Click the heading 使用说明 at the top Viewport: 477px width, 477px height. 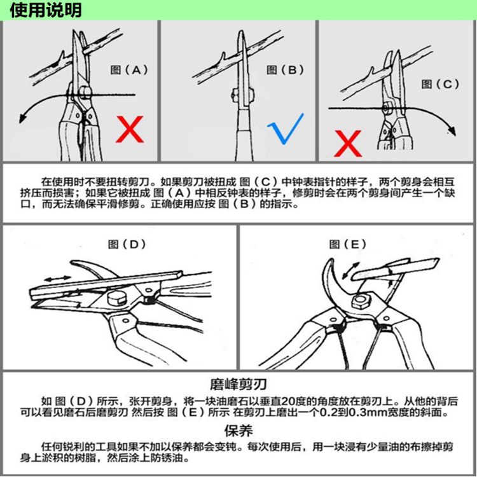pos(46,10)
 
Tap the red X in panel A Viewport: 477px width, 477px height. pos(130,129)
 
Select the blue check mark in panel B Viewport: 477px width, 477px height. pos(286,128)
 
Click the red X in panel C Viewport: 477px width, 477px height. pos(348,143)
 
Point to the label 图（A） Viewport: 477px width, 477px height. pos(129,70)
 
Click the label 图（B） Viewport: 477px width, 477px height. pos(285,70)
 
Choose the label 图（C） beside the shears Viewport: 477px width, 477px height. pos(440,84)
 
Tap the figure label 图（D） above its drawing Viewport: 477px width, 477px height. pos(127,244)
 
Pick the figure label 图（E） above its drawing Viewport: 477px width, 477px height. pos(347,244)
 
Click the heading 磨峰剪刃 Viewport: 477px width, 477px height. pos(238,384)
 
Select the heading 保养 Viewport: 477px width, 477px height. pos(238,431)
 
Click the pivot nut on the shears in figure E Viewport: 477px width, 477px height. pos(361,301)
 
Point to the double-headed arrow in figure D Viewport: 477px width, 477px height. pos(58,278)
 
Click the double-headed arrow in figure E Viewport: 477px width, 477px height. pos(350,270)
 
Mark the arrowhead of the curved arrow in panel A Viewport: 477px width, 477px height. pos(22,118)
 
